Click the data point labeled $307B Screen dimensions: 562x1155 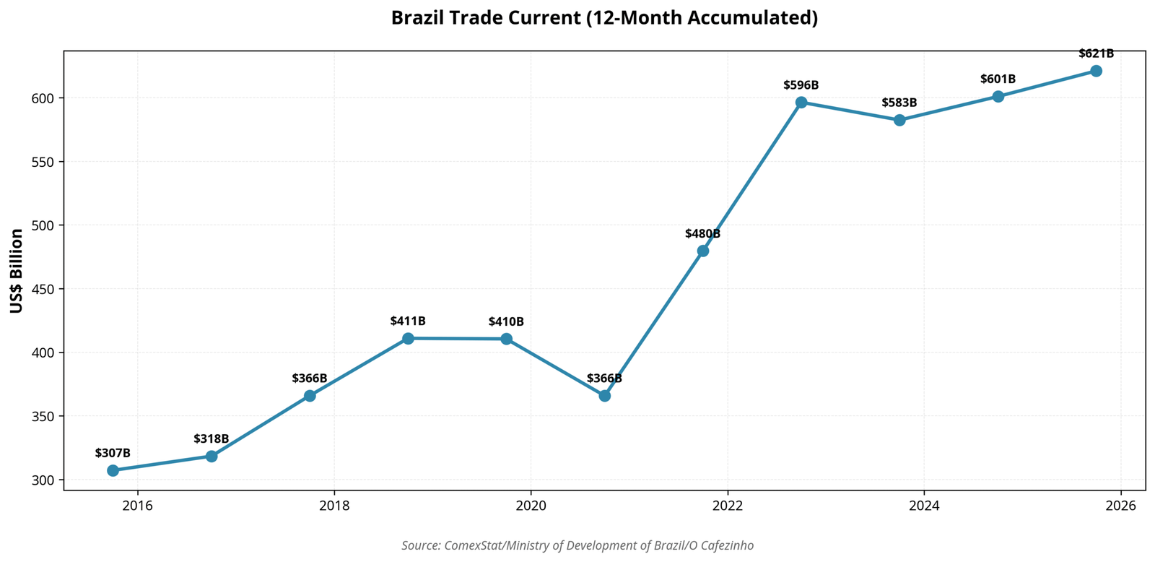click(113, 470)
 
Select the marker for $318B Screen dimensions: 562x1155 click(212, 457)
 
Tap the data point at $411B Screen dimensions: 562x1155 click(408, 338)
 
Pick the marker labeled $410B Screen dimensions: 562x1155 click(506, 339)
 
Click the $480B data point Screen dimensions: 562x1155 click(703, 251)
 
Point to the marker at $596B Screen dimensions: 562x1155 click(801, 103)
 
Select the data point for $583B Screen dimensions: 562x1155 click(899, 120)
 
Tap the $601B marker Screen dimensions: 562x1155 click(998, 96)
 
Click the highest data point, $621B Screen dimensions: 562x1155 click(1096, 71)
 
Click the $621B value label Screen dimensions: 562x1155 click(1096, 53)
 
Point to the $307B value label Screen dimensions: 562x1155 click(113, 453)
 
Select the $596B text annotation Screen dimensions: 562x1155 click(801, 85)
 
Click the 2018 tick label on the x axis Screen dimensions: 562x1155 click(334, 506)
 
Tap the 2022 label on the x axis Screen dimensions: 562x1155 click(728, 506)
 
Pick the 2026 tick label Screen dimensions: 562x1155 click(1120, 506)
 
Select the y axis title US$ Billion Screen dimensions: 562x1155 click(17, 271)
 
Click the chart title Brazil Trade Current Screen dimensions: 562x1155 click(604, 18)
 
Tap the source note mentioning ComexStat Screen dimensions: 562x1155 click(577, 545)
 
